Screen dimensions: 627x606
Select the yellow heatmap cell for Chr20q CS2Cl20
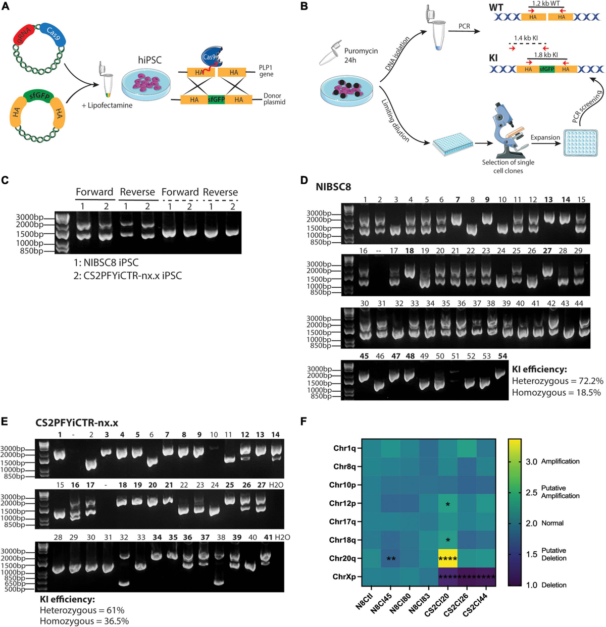447,558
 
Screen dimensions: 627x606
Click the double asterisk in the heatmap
390,559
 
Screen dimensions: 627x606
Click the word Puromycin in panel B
361,51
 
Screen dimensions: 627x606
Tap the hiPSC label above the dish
150,60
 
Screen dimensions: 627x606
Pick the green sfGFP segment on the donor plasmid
216,100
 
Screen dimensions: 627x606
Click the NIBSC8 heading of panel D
333,186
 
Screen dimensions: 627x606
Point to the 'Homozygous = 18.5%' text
556,392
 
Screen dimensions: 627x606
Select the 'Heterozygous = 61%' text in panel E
82,610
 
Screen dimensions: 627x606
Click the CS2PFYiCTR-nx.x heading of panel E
76,423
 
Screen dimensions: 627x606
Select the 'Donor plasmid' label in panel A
274,99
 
